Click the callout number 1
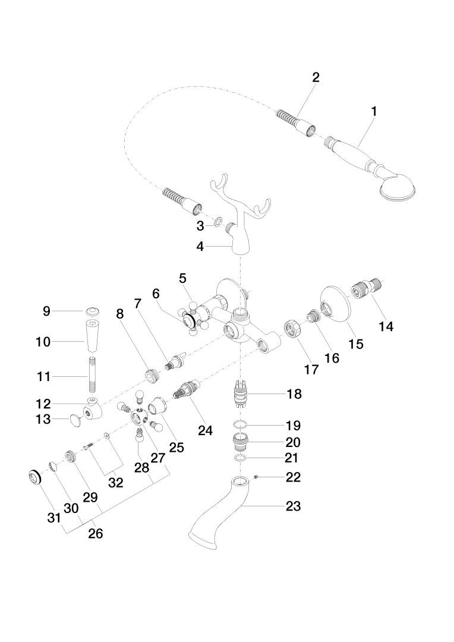tap(374, 111)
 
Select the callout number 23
tap(293, 506)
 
